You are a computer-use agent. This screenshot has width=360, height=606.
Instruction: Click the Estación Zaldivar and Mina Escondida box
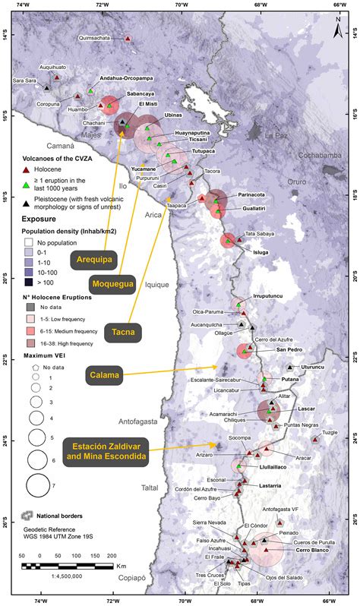point(106,451)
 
